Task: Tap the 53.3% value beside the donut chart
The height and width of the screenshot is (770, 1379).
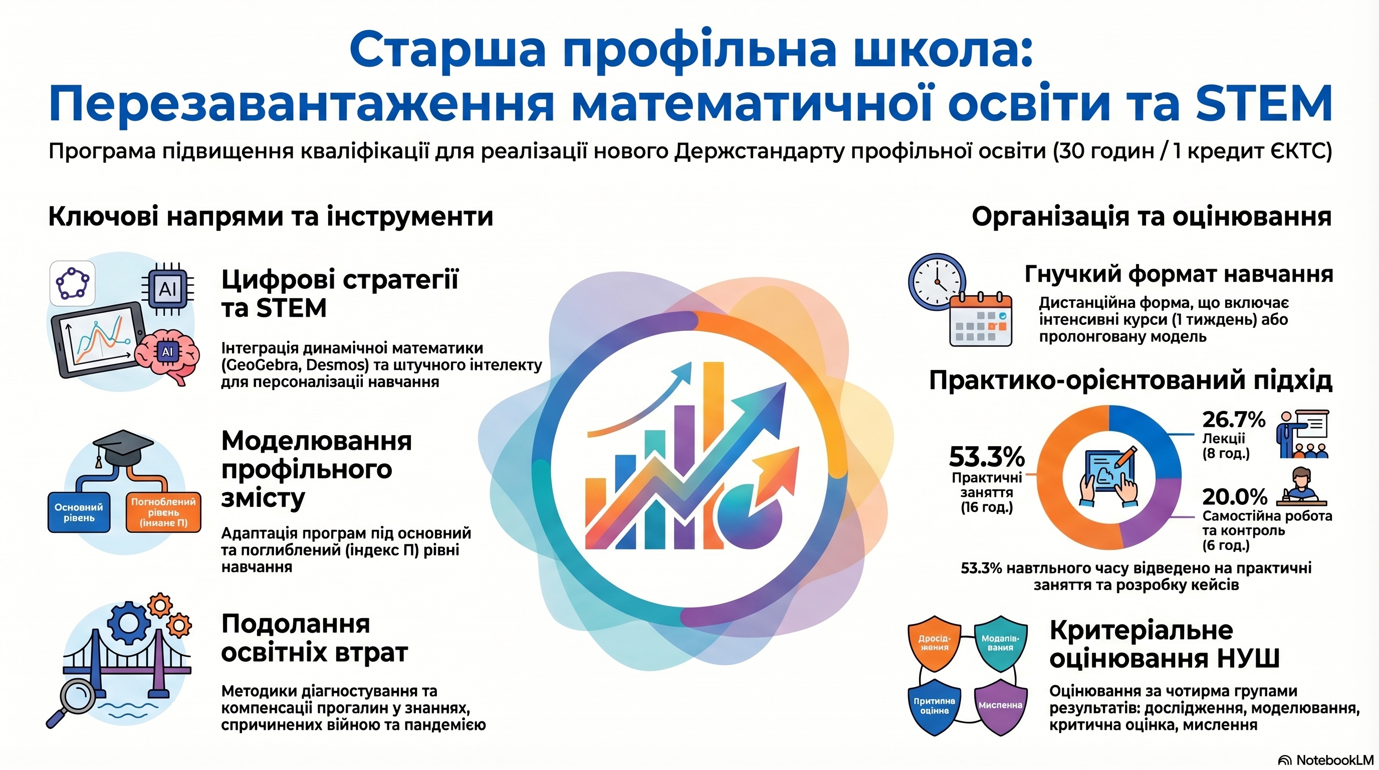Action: (x=986, y=457)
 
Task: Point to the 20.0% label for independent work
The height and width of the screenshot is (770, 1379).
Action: (x=1235, y=497)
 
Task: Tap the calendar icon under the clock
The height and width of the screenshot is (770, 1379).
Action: (x=980, y=321)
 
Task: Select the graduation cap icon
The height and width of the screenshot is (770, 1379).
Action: (x=123, y=449)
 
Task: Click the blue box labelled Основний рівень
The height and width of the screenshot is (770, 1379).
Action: (x=79, y=512)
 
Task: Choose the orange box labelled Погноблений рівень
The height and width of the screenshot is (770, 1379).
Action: (x=163, y=512)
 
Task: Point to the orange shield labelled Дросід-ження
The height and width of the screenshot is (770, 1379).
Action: (x=934, y=643)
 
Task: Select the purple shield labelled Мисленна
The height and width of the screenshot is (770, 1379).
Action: (x=1000, y=706)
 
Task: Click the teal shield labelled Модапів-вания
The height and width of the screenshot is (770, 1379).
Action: (x=1000, y=643)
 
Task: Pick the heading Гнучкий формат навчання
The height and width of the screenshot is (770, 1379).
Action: (x=1178, y=275)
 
